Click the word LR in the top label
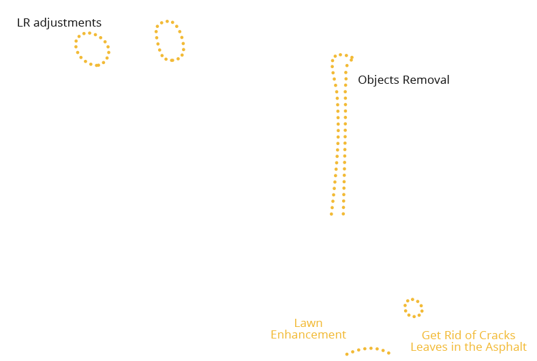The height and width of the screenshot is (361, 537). (23, 22)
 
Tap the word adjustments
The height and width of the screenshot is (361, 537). (67, 23)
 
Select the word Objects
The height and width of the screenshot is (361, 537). (378, 80)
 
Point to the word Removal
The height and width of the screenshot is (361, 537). (426, 80)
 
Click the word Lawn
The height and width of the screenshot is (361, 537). (308, 323)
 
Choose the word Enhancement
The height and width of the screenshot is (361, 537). (308, 334)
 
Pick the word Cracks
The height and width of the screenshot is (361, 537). (497, 335)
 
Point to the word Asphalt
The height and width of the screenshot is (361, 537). (506, 347)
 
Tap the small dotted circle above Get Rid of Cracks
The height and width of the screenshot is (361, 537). (405, 307)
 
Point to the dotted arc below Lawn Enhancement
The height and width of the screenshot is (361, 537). (368, 349)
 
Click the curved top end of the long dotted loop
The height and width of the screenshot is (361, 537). (341, 54)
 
